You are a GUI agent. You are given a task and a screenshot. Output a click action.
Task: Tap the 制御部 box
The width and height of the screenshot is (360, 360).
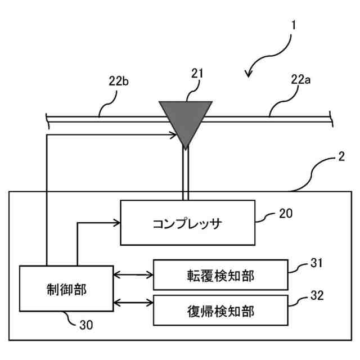(x=66, y=289)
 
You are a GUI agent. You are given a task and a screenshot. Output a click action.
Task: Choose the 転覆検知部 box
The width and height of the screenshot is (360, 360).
(x=220, y=275)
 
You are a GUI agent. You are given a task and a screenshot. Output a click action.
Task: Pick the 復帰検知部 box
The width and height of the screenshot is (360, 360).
(x=220, y=309)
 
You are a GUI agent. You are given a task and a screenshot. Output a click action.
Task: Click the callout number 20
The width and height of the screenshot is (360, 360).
(x=286, y=213)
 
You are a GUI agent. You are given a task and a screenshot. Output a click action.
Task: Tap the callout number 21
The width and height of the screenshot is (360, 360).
(x=197, y=74)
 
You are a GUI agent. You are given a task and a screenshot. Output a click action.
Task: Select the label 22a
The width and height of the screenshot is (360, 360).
(x=300, y=80)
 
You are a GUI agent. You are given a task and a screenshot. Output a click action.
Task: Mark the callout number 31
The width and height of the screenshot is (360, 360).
(x=317, y=262)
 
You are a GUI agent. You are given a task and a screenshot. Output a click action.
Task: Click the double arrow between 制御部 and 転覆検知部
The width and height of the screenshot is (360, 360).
(x=133, y=275)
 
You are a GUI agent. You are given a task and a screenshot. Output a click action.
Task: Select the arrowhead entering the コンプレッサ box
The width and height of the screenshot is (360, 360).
(x=117, y=223)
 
